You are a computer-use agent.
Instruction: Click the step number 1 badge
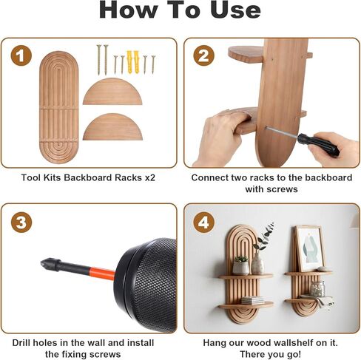21,55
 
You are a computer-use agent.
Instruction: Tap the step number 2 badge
203,55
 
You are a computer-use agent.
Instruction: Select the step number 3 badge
21,223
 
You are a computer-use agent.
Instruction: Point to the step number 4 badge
203,223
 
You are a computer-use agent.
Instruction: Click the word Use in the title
235,10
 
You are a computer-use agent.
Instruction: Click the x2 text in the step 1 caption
149,177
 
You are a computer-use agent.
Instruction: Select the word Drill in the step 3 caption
21,342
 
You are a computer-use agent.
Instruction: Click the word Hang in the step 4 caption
214,342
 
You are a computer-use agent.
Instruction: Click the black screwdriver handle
318,145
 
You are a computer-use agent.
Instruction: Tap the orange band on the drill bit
102,273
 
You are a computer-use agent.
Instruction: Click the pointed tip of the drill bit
41,262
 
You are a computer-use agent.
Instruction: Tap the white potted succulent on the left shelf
240,265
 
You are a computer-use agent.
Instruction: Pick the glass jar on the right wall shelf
317,288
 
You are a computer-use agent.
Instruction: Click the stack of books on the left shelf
252,300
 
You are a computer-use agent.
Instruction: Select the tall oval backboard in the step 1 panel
59,107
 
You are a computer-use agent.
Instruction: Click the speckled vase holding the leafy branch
257,263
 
